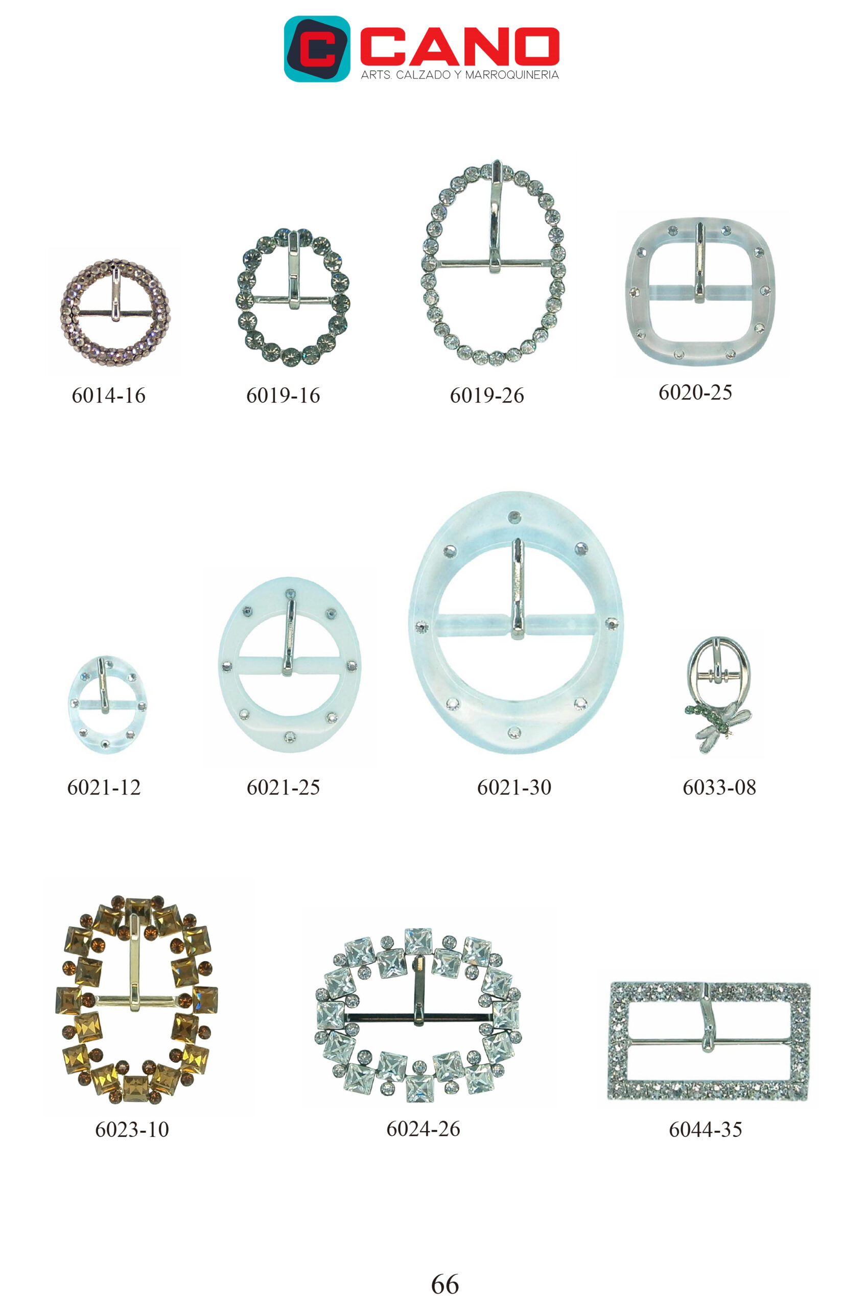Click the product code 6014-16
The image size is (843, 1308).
[108, 395]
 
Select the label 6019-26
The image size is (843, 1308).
[486, 395]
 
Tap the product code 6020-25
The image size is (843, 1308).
[695, 392]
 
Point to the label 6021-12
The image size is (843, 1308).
[104, 787]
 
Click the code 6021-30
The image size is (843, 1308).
[514, 787]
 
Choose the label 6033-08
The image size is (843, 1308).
[719, 787]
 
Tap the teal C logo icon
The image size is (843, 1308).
[317, 49]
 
